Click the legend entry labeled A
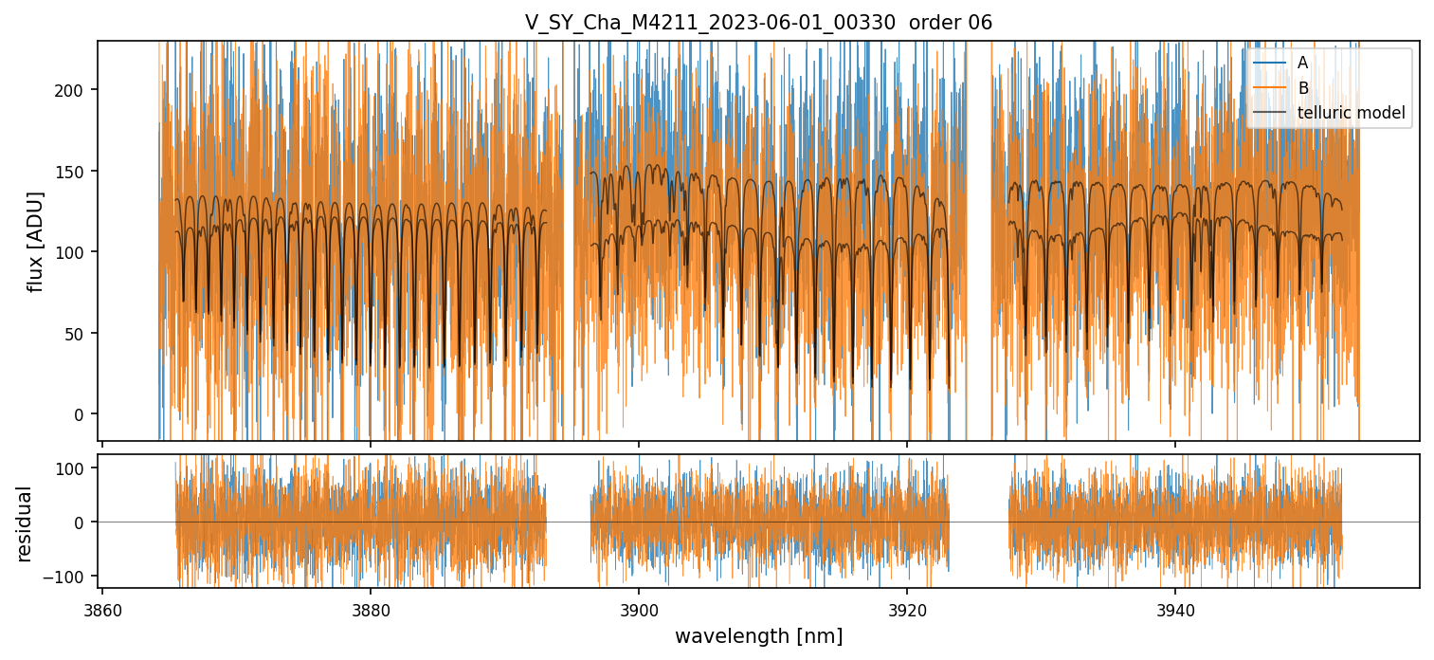[1302, 63]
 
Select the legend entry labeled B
[1302, 88]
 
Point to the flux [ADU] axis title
[36, 241]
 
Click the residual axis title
[25, 523]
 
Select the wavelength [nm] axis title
[758, 636]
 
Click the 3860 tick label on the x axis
[102, 609]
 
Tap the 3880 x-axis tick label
[370, 609]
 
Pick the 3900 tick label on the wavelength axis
[638, 609]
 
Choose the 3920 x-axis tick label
[907, 609]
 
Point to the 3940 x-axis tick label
[1175, 609]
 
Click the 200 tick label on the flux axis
[76, 90]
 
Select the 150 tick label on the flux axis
[76, 172]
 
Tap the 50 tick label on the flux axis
[80, 334]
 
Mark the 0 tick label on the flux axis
[83, 414]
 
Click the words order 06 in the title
[951, 23]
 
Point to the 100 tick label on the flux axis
[76, 252]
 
